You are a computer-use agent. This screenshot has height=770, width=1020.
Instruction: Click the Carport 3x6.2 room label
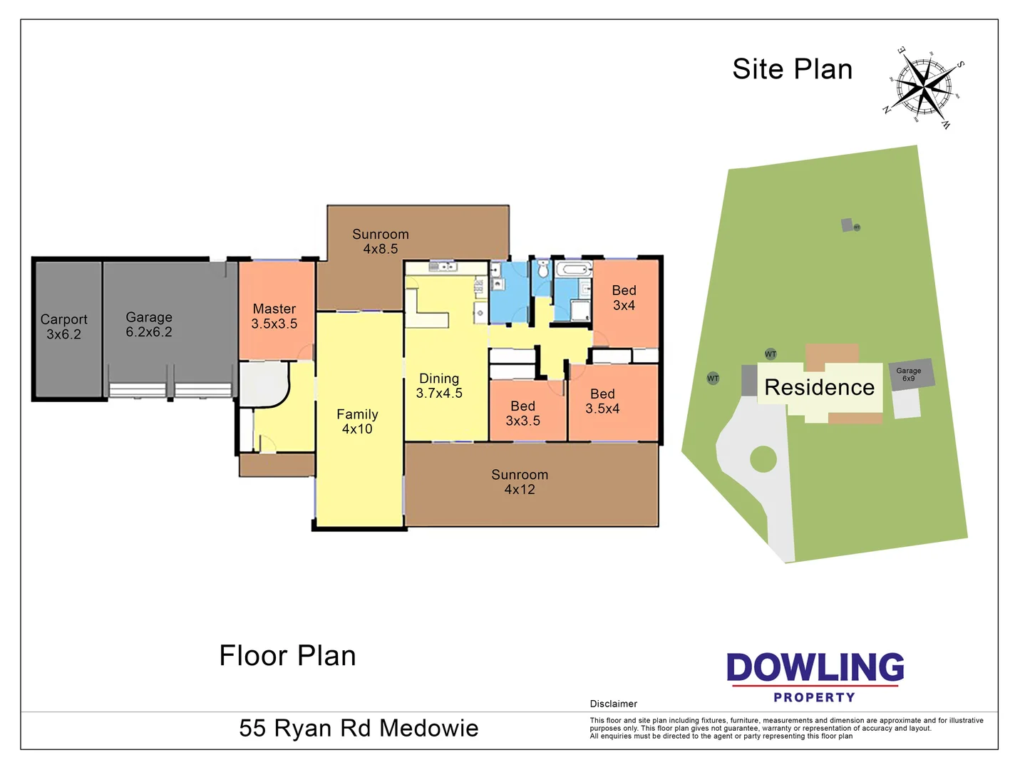tap(63, 327)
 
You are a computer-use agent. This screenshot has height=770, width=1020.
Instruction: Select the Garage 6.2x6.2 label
tap(149, 324)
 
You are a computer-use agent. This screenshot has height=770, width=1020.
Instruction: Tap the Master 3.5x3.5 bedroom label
tap(274, 316)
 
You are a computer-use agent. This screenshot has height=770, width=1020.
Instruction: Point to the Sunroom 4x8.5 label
tap(381, 242)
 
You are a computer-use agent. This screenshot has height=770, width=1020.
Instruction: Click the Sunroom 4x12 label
tap(520, 482)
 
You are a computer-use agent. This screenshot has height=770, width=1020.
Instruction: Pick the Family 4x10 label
tap(357, 421)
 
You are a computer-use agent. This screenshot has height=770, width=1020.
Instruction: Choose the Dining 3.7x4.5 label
tap(439, 386)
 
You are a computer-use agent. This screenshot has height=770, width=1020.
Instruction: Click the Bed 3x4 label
tap(624, 297)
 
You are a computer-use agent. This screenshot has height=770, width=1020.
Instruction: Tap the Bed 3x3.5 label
tap(522, 414)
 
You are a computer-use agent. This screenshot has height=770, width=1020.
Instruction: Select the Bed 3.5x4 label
tap(602, 401)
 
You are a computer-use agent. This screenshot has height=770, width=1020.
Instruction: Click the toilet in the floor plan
tap(543, 269)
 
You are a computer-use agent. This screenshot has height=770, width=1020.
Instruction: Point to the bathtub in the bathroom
tap(574, 269)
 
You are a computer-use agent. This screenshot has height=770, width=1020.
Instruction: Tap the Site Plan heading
tap(792, 69)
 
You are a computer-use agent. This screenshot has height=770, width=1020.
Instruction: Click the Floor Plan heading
tap(287, 656)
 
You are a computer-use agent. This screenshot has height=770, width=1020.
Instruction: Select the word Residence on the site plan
tap(819, 387)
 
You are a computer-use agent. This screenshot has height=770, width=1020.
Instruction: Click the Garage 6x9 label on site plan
tap(909, 374)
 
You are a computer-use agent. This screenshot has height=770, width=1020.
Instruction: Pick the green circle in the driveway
tap(763, 459)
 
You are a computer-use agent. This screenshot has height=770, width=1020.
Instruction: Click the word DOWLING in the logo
tap(815, 668)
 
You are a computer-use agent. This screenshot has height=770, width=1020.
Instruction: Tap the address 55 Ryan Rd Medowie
tap(359, 728)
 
